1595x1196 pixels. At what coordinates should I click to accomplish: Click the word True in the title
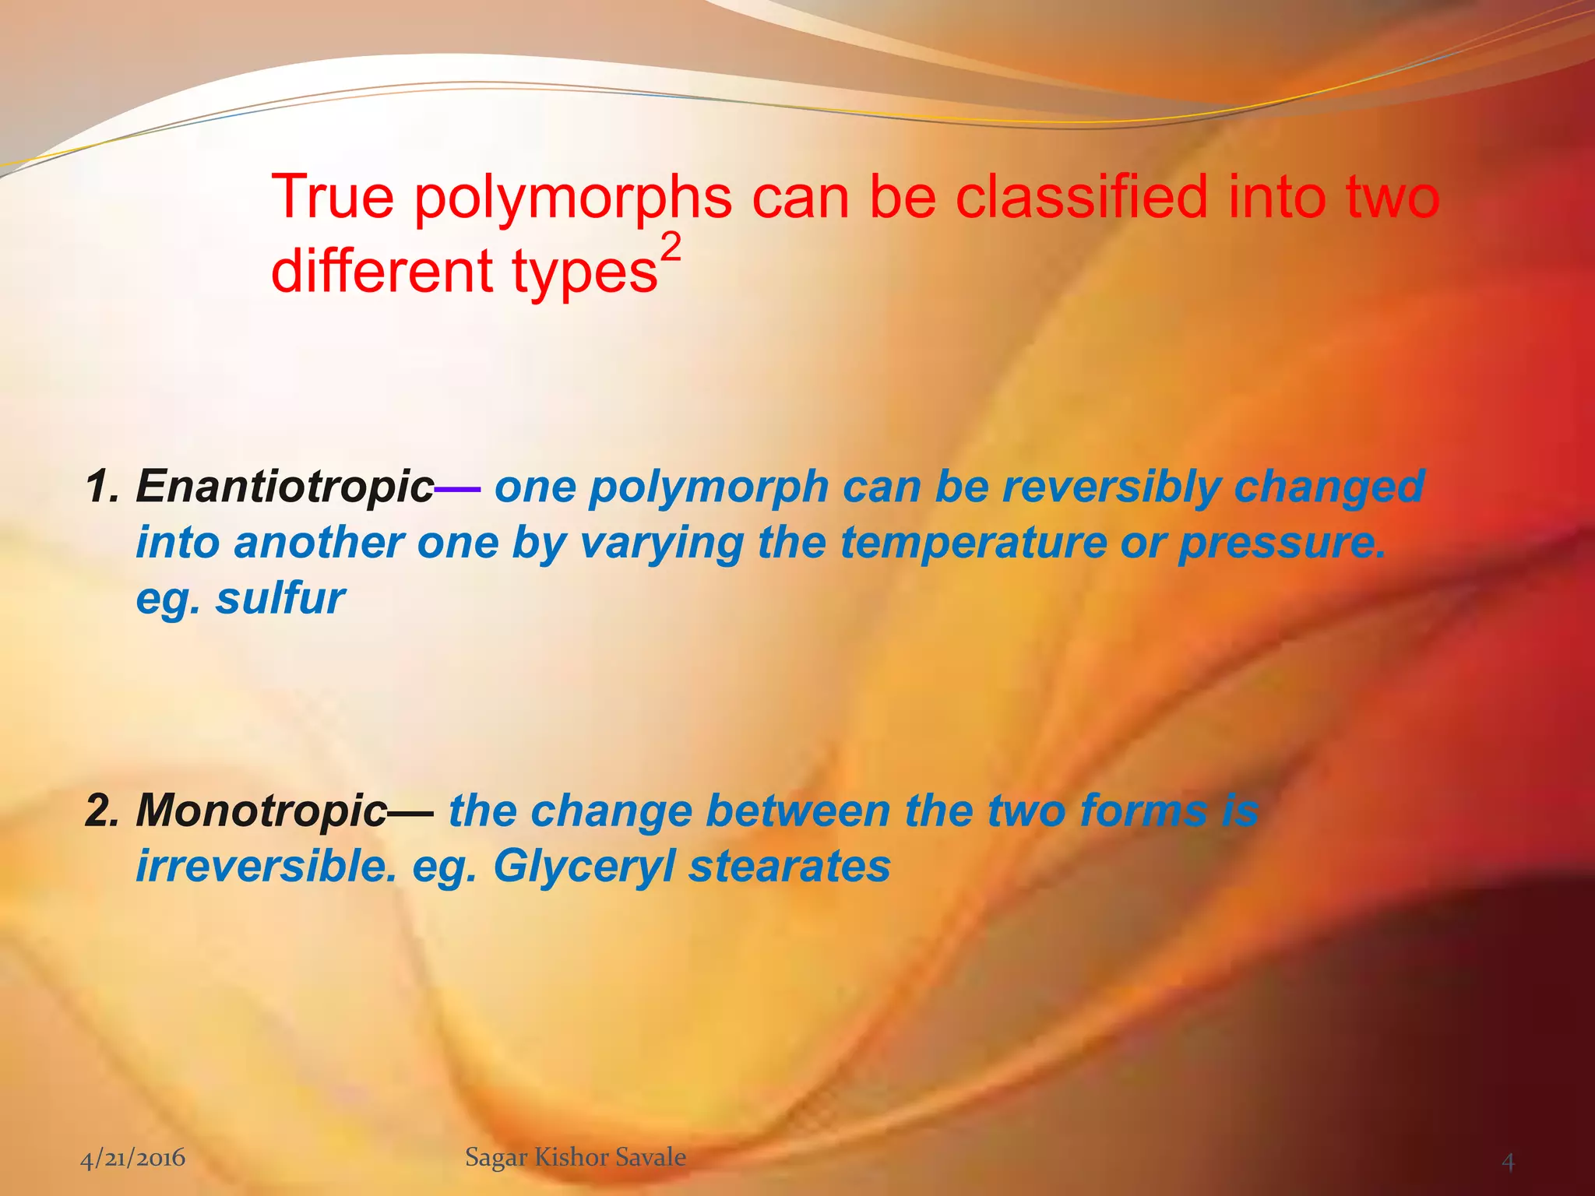(x=333, y=198)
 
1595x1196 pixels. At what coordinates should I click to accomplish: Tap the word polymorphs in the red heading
(x=572, y=198)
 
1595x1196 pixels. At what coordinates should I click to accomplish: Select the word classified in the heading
(x=1082, y=196)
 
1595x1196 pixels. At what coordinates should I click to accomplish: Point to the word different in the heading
(x=382, y=271)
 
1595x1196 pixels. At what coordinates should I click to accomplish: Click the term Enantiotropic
(x=284, y=487)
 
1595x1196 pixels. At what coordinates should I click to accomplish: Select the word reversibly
(x=1111, y=487)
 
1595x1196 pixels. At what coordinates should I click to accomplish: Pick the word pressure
(x=1281, y=542)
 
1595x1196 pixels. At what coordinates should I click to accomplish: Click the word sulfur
(x=280, y=598)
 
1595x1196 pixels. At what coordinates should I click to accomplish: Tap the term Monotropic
(x=261, y=811)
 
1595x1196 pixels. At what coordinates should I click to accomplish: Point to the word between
(x=797, y=811)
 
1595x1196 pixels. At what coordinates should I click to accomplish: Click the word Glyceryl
(x=583, y=866)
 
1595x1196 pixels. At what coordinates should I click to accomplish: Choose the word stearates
(x=789, y=866)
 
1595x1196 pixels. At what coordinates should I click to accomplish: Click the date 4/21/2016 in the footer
(x=133, y=1158)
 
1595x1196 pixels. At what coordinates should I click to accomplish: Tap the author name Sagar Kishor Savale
(x=576, y=1157)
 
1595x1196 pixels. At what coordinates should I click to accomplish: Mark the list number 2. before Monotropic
(x=102, y=811)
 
